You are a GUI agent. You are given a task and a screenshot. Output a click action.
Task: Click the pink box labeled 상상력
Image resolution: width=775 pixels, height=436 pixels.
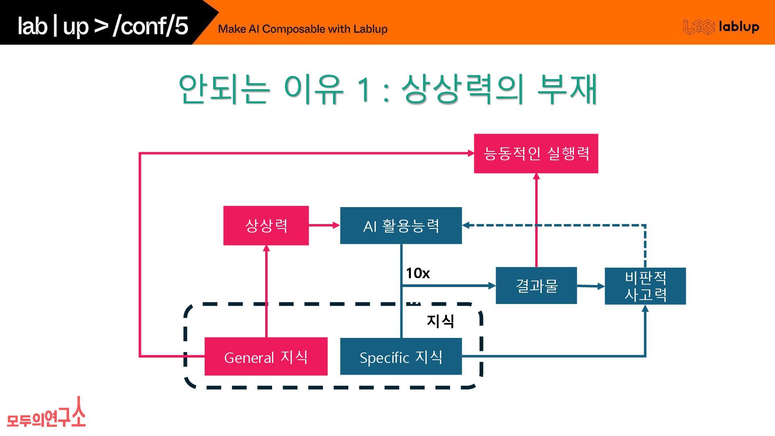pos(266,225)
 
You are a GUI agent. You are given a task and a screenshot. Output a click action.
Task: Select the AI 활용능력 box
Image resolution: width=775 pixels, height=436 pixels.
pos(401,225)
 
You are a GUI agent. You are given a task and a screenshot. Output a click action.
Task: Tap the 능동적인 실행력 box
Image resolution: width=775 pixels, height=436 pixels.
pos(536,153)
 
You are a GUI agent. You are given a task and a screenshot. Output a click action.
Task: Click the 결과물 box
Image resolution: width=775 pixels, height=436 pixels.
pos(536,285)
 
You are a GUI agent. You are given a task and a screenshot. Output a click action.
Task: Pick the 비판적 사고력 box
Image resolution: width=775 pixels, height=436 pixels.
pos(645,286)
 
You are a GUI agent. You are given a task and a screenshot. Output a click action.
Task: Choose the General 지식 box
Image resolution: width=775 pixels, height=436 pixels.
pos(266,356)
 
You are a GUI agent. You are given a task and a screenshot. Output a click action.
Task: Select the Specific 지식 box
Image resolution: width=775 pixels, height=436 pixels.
pos(401,356)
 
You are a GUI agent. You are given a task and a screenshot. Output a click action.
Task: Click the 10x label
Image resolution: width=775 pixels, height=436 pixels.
pos(418,273)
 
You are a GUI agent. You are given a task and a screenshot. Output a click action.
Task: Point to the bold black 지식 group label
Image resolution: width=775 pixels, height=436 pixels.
pos(440,321)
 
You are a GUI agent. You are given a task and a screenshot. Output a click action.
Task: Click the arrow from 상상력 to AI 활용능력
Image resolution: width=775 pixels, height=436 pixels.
pos(325,225)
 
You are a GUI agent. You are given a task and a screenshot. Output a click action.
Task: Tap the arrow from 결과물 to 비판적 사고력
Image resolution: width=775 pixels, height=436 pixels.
pos(591,286)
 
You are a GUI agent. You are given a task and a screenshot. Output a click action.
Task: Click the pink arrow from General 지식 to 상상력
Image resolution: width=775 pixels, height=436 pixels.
pos(266,291)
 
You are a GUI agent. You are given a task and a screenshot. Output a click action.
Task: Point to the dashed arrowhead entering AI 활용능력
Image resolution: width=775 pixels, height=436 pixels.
pos(467,225)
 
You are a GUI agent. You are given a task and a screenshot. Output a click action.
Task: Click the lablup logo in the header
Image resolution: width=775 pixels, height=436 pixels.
pos(721,27)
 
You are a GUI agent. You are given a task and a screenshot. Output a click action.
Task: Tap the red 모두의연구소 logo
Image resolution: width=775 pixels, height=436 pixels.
pos(46,414)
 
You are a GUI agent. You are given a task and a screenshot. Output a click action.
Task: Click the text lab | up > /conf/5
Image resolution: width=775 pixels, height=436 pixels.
pos(103,26)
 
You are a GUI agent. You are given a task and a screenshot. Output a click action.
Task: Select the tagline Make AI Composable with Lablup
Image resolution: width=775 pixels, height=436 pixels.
pos(303,29)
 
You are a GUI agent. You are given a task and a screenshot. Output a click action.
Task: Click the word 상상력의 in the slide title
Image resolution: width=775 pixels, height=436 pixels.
pos(462,89)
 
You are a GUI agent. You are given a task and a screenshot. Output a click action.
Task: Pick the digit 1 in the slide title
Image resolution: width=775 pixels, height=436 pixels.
pos(364,89)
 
